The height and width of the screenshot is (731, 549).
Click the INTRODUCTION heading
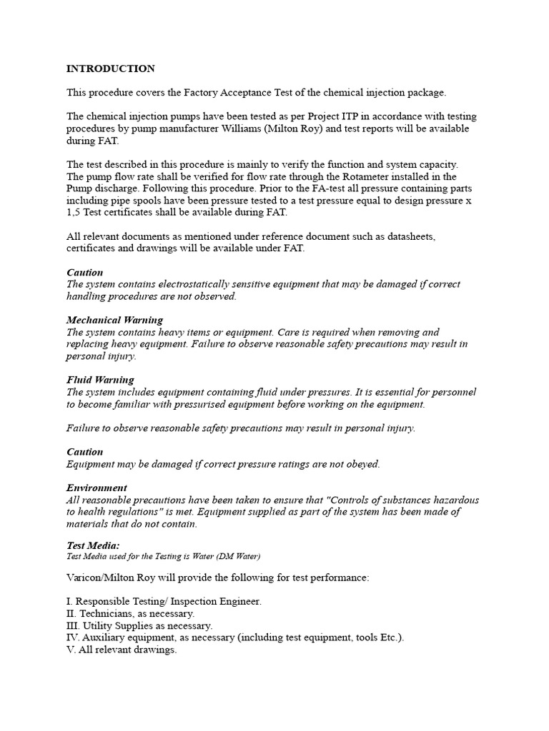[111, 69]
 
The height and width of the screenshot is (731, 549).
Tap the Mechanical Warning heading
[114, 320]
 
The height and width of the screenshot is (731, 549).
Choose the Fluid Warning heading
[100, 380]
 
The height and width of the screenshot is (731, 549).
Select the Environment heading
[97, 488]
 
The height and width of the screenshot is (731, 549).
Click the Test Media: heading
[93, 545]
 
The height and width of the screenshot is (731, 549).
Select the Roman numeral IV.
[73, 637]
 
